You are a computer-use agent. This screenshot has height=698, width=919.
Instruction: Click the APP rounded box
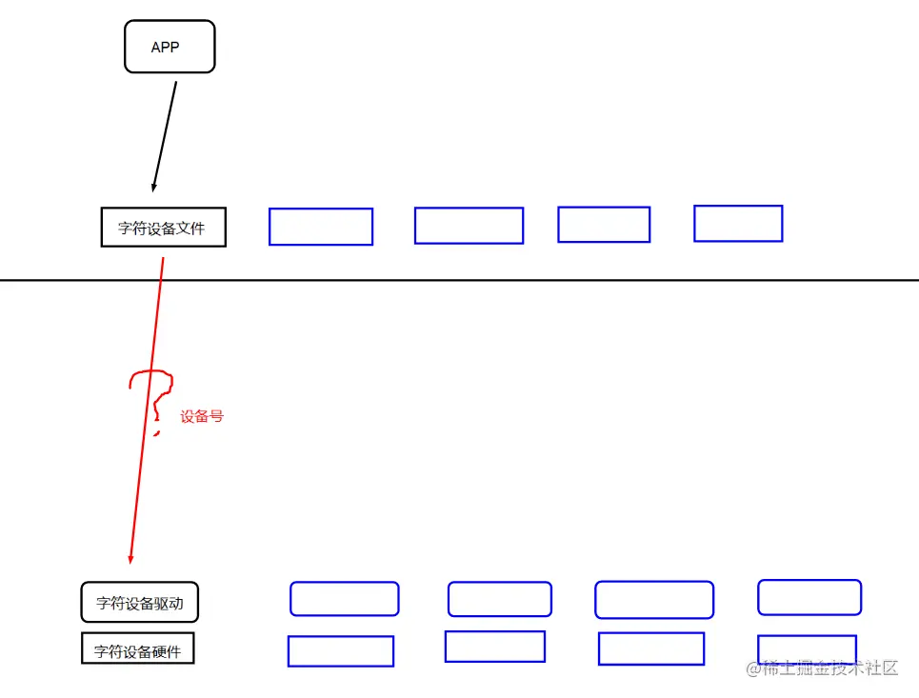(170, 47)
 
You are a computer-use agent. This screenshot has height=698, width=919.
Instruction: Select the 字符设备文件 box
(163, 228)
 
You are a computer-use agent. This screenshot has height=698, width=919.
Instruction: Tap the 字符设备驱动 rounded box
(140, 602)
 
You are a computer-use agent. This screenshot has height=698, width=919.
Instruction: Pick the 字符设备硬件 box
(137, 652)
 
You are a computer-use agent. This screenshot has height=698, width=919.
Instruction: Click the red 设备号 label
(202, 417)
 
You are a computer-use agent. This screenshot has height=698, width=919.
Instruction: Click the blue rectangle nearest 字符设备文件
(320, 227)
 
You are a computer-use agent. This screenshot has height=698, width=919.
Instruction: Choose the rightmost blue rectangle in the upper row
(737, 224)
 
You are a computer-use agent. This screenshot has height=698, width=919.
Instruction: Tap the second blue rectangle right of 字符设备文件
(469, 226)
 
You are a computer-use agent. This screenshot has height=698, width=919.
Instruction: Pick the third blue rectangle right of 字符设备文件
(603, 225)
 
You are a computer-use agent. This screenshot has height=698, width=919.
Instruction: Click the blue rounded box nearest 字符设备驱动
(344, 599)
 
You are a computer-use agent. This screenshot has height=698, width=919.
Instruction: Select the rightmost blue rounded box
(809, 597)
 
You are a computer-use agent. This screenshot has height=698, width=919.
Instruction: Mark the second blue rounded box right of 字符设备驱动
(499, 599)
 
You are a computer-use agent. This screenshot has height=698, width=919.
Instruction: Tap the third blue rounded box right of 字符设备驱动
(653, 600)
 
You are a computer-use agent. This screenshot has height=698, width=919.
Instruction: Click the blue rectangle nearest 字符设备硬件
(340, 651)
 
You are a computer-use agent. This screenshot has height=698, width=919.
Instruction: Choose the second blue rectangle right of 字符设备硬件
(494, 647)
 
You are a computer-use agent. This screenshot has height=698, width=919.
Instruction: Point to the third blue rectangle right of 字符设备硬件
(650, 648)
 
